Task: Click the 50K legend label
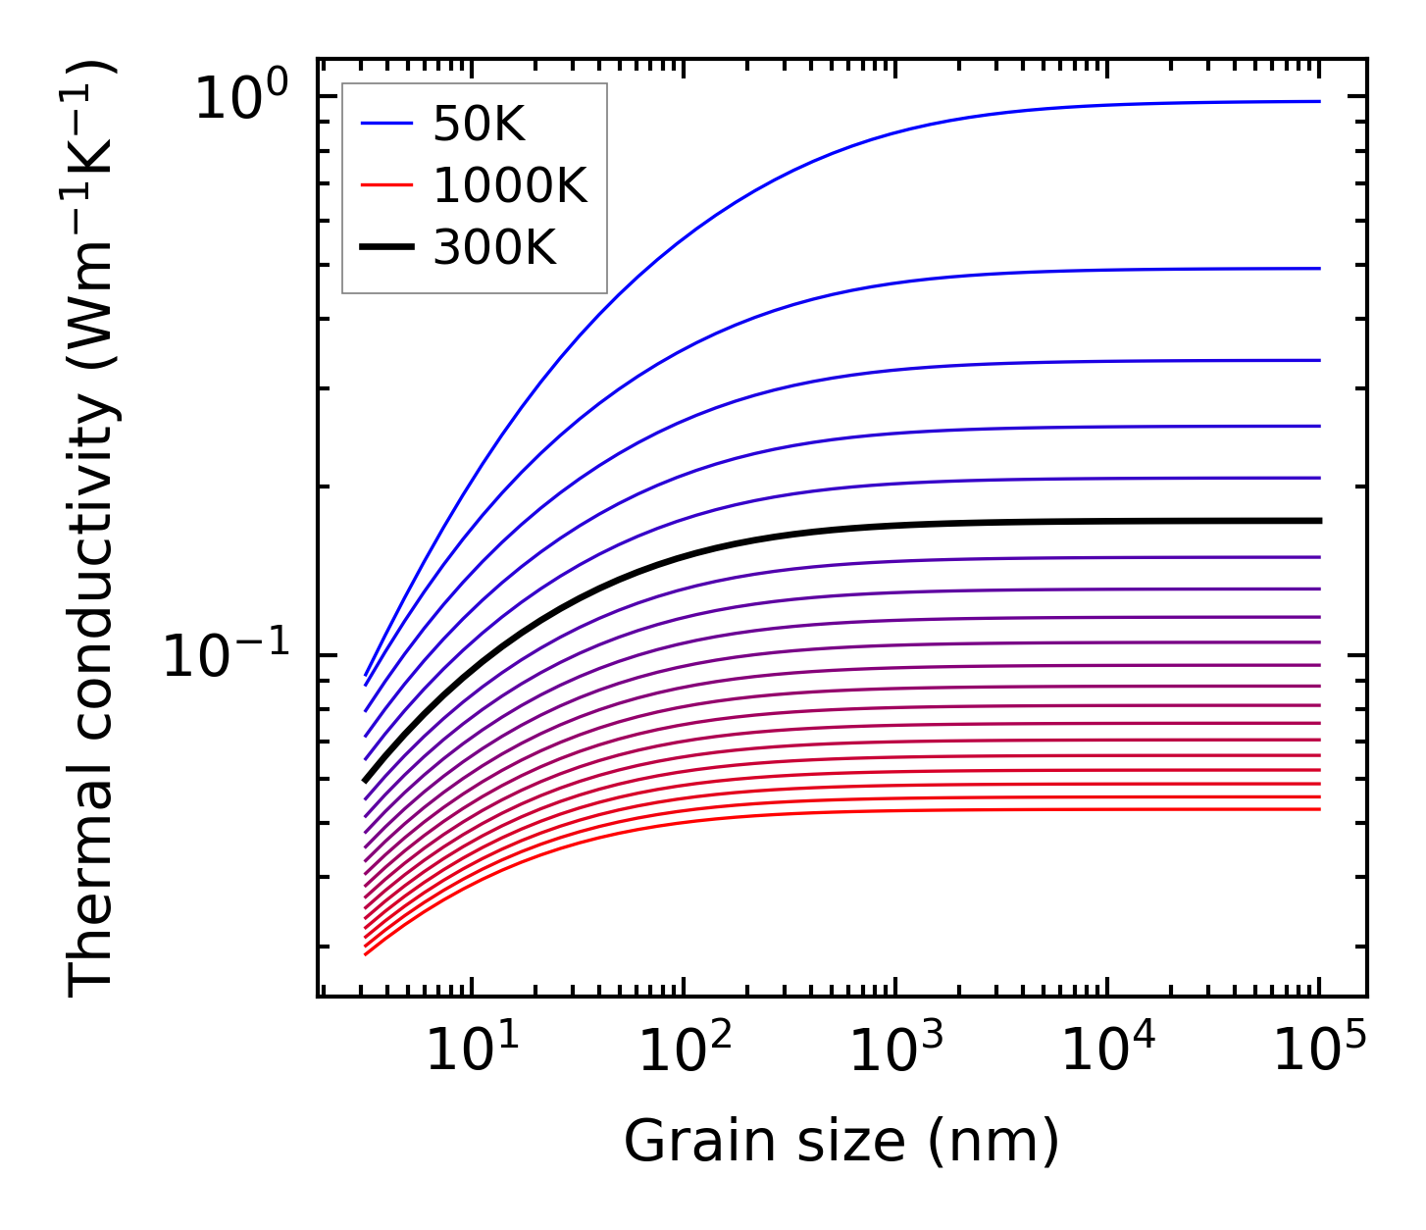pyautogui.click(x=479, y=125)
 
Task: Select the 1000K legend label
pyautogui.click(x=509, y=186)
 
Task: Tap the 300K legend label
pyautogui.click(x=494, y=249)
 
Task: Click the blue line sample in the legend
pyautogui.click(x=387, y=124)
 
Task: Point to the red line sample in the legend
pyautogui.click(x=387, y=186)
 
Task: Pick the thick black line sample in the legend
pyautogui.click(x=387, y=249)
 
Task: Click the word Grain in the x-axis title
pyautogui.click(x=676, y=1142)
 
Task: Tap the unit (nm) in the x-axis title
pyautogui.click(x=1010, y=1143)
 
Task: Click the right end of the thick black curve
pyautogui.click(x=1319, y=521)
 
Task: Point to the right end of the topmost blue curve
pyautogui.click(x=1319, y=101)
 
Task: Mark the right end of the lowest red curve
pyautogui.click(x=1319, y=809)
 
